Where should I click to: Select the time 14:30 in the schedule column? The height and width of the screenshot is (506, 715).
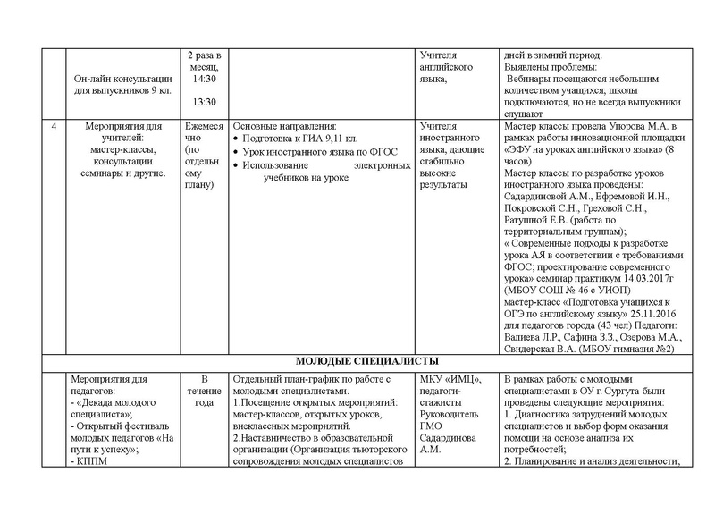[x=204, y=79]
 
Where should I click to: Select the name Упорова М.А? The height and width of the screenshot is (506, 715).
[x=622, y=126]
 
